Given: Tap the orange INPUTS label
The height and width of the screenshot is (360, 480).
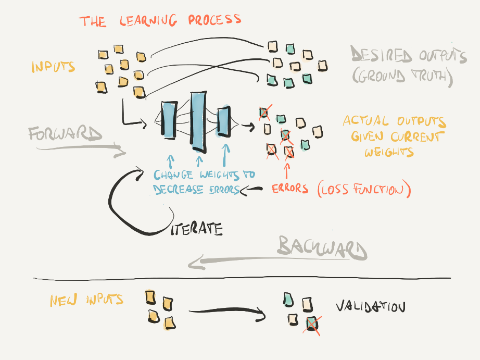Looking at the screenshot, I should coord(53,67).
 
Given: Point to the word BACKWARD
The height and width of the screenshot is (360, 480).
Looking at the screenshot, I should coord(322,247).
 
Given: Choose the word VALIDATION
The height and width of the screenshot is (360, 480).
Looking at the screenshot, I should coord(370,307).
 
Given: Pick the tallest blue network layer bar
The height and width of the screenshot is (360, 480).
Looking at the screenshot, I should coord(198,119).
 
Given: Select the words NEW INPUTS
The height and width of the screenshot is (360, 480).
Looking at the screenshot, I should coord(86,300).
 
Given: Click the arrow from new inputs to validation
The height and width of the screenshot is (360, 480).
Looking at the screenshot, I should coord(228,312).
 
